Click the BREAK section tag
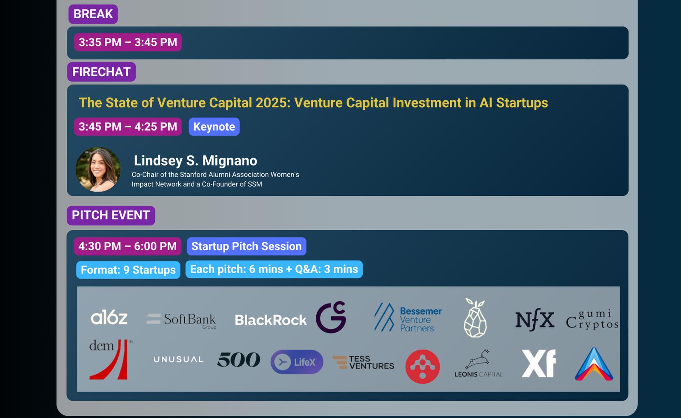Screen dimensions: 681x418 [93, 14]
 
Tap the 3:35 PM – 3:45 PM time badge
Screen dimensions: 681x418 [128, 42]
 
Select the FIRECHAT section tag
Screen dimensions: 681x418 [102, 72]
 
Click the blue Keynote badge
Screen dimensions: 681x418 [214, 126]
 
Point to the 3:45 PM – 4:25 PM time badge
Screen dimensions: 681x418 [128, 126]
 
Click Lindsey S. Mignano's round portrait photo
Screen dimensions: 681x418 [98, 169]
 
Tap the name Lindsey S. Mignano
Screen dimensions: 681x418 [195, 160]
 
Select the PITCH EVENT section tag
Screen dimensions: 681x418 [111, 215]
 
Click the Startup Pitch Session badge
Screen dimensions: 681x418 [246, 246]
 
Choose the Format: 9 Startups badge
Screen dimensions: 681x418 [128, 270]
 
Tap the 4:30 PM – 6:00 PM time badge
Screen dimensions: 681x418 [128, 246]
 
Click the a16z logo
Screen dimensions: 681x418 [109, 318]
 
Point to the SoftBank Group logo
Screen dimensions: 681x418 [181, 321]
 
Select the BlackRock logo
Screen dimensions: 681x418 [271, 320]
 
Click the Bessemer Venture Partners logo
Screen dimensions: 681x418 [408, 317]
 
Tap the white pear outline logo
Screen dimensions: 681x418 [475, 318]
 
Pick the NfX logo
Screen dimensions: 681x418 [535, 320]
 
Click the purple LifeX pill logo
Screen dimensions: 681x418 [297, 362]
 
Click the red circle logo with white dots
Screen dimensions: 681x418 [423, 366]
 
